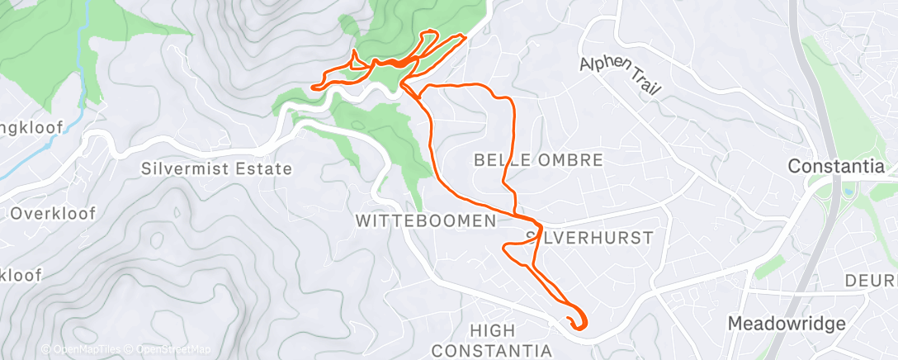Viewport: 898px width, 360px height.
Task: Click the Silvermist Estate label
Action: pyautogui.click(x=217, y=169)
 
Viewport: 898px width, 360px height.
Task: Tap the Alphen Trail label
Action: pyautogui.click(x=620, y=75)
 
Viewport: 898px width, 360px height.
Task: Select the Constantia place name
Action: pyautogui.click(x=836, y=166)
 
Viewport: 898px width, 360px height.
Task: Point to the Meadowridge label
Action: pyautogui.click(x=786, y=323)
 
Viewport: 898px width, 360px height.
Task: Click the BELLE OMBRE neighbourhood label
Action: pyautogui.click(x=539, y=159)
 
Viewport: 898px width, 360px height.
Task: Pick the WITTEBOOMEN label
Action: pyautogui.click(x=426, y=220)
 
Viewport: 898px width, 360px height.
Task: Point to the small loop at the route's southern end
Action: pyautogui.click(x=576, y=320)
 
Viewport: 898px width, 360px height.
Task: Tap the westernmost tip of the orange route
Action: pyautogui.click(x=312, y=86)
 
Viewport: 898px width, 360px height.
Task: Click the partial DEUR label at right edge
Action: pyautogui.click(x=880, y=281)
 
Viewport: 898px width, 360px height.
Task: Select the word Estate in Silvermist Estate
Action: pyautogui.click(x=264, y=169)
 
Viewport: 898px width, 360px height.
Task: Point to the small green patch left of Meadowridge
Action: pyautogui.click(x=769, y=266)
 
